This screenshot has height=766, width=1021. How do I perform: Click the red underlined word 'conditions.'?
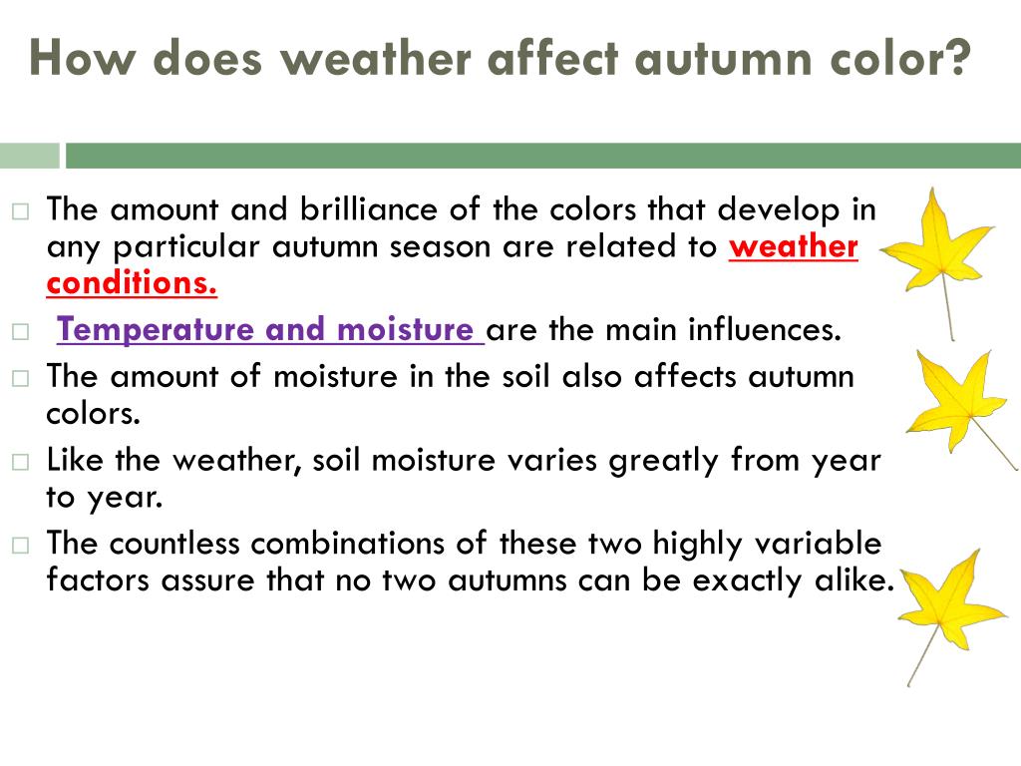click(132, 283)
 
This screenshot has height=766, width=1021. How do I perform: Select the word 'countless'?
click(174, 544)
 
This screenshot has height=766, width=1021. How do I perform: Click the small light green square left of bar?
click(29, 156)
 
